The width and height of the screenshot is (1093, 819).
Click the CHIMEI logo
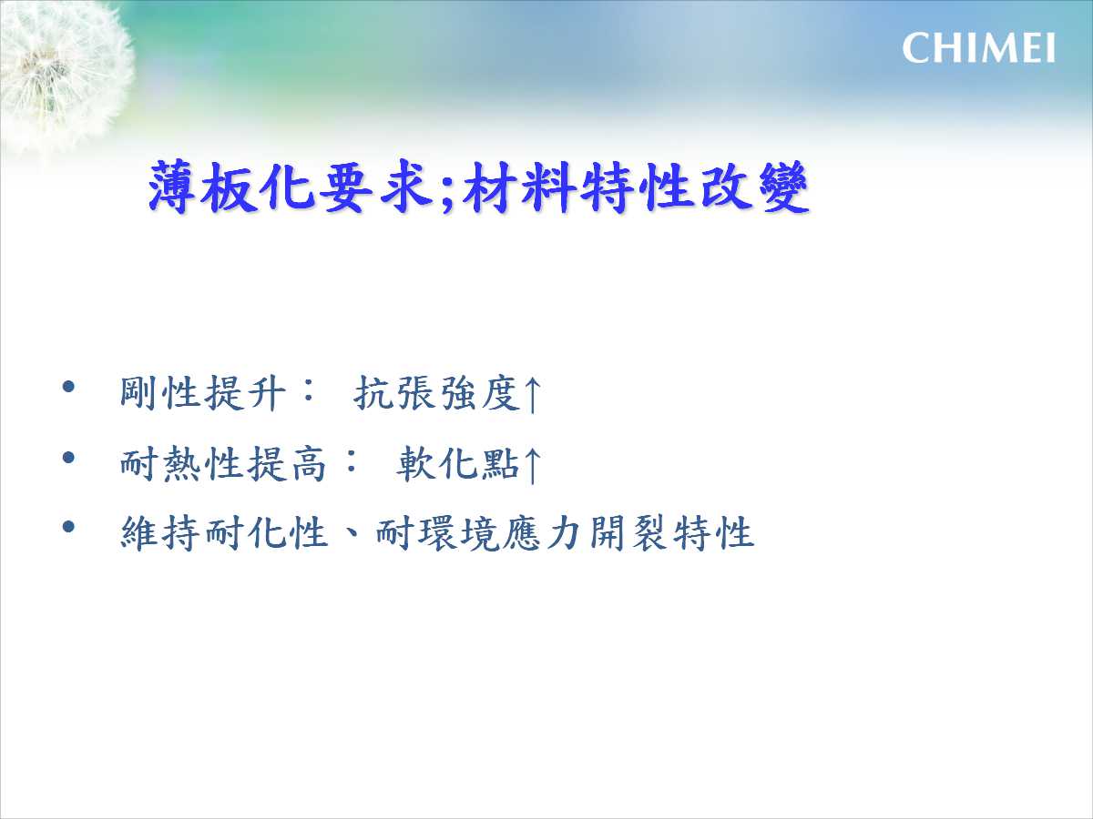coord(978,47)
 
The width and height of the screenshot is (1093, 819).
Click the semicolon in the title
coord(446,192)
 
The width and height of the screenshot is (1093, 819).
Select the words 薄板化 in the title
coord(231,187)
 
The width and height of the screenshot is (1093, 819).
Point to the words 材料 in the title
coord(519,187)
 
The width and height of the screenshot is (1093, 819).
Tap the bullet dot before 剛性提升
coord(68,387)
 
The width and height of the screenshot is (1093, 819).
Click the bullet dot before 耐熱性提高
coord(68,457)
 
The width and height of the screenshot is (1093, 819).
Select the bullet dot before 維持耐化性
coord(68,527)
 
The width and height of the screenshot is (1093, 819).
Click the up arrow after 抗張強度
coord(532,394)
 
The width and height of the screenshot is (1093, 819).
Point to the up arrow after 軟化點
coord(532,465)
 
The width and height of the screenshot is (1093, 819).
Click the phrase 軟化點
coord(459,463)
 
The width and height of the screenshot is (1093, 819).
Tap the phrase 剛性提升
coord(203,393)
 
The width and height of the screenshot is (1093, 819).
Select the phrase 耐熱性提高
coord(224,463)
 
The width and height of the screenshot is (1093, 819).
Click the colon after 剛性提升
coord(309,391)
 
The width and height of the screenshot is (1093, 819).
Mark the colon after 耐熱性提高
coord(351,461)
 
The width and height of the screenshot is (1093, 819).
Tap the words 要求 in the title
coord(376,187)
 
